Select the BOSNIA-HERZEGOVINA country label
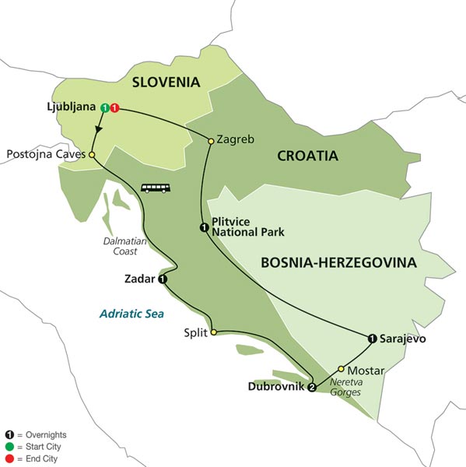click(339, 263)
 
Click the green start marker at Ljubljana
click(105, 107)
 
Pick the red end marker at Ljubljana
click(114, 107)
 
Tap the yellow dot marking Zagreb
click(210, 141)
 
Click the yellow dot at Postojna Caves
click(92, 155)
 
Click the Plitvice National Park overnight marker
click(203, 227)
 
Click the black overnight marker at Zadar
click(162, 279)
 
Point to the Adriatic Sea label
click(128, 314)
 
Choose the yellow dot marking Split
click(212, 332)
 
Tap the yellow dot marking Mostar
click(340, 369)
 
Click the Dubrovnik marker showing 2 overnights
click(312, 387)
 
